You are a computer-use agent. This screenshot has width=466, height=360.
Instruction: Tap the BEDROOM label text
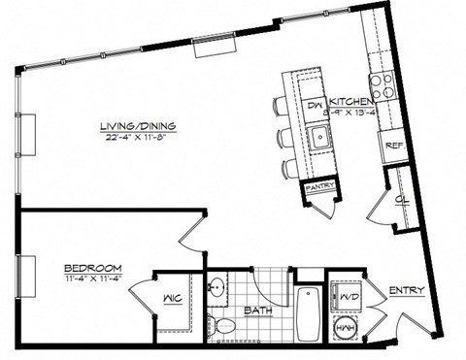92,268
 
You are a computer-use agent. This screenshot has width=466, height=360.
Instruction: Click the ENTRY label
406,291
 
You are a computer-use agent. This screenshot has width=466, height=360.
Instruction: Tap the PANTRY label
319,186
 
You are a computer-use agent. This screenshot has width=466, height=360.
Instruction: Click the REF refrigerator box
394,147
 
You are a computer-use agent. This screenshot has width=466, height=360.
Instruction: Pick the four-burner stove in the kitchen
381,86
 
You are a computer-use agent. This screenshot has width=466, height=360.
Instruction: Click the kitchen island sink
317,136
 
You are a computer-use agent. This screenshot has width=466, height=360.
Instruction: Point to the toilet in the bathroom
224,324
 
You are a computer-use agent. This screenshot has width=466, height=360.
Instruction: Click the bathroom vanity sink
218,289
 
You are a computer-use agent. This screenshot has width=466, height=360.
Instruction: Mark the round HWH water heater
345,328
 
